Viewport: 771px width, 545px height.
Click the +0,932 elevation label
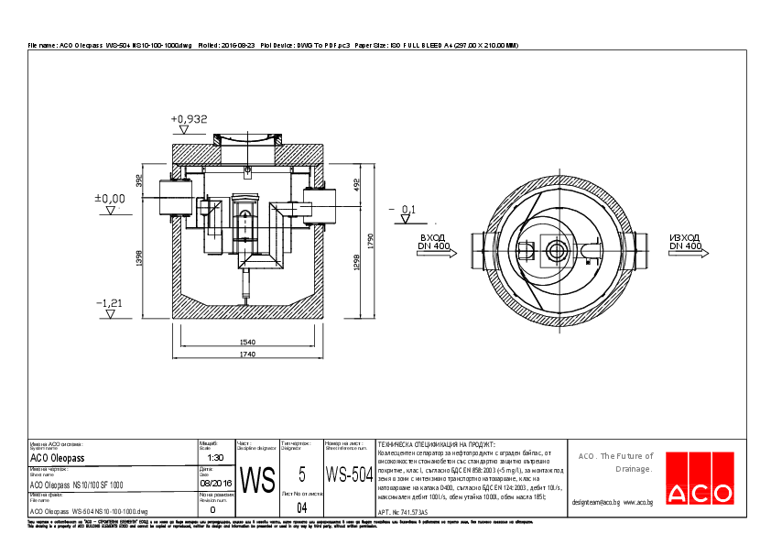(190, 119)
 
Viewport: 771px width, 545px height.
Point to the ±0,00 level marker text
(110, 198)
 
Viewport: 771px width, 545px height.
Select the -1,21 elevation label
(109, 301)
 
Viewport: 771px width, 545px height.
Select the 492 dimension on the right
(358, 182)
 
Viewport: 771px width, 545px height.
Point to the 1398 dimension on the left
(138, 259)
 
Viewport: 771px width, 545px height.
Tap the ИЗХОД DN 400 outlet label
(685, 242)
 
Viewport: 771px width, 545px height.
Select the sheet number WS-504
(350, 475)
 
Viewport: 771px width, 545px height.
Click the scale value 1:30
(215, 457)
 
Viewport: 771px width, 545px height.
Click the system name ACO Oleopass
(58, 458)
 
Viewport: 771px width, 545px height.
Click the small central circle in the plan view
(556, 250)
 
